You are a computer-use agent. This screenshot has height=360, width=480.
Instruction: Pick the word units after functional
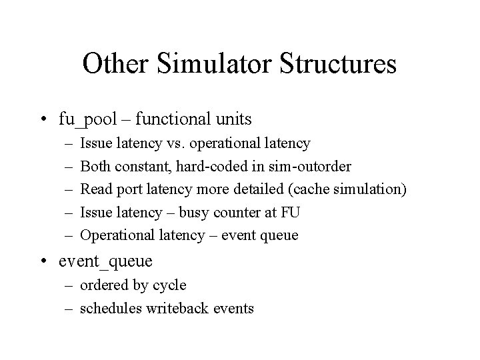pos(233,119)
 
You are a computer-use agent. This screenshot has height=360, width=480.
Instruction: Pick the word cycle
pos(170,285)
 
